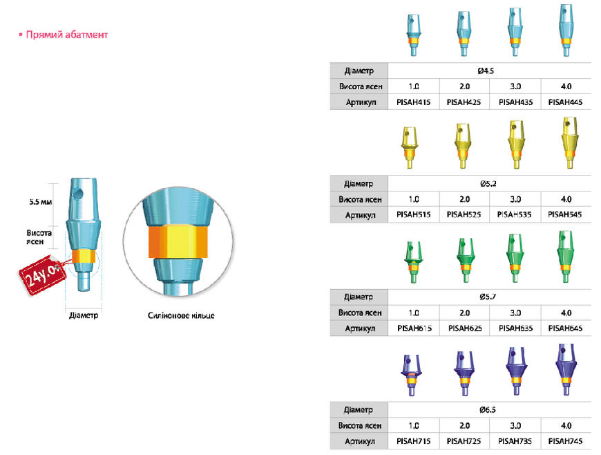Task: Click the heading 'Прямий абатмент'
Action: tap(67, 35)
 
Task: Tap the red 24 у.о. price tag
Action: tap(41, 275)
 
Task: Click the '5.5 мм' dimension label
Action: tap(41, 202)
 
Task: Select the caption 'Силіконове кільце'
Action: tap(181, 315)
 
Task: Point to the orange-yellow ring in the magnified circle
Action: tap(178, 242)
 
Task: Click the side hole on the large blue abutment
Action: tap(79, 194)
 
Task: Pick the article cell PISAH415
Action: tap(414, 102)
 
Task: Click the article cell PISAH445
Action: tap(565, 102)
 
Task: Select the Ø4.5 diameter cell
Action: tap(486, 71)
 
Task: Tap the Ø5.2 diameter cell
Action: tap(488, 184)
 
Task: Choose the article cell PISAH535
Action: tap(515, 215)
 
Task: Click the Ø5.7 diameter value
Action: tap(488, 297)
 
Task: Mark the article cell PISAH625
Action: tap(465, 328)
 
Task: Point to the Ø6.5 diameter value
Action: tap(488, 410)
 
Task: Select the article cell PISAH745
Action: tap(565, 441)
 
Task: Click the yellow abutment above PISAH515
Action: tap(410, 148)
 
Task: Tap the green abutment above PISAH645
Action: tap(565, 257)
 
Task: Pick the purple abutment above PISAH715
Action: tap(411, 375)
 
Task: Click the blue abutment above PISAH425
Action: tap(464, 34)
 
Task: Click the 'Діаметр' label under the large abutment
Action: tap(84, 315)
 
